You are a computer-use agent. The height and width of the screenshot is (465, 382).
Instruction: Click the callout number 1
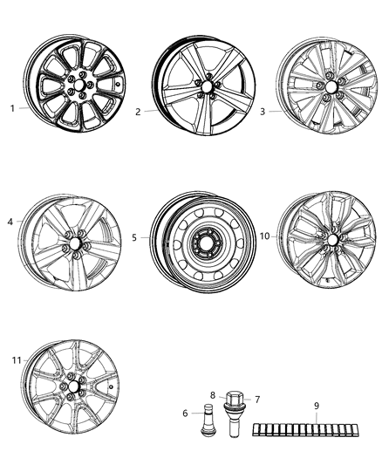(12, 109)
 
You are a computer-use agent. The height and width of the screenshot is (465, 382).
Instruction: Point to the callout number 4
(10, 222)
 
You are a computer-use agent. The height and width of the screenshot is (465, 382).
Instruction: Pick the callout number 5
(134, 236)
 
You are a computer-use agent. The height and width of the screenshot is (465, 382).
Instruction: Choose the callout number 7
(256, 399)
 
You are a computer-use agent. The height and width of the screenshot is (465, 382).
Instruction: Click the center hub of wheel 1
(78, 87)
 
